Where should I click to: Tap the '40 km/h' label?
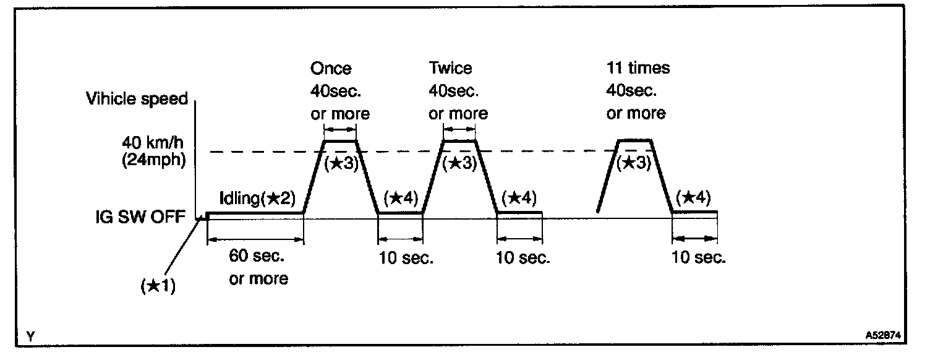click(x=156, y=143)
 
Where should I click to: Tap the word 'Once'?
click(x=331, y=67)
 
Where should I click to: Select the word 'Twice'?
click(x=450, y=67)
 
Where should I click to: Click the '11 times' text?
click(x=638, y=67)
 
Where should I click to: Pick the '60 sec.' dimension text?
click(x=258, y=256)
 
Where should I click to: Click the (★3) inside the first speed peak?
click(x=341, y=164)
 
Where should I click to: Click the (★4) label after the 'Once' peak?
click(x=401, y=198)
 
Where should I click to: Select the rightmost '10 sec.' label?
click(x=699, y=257)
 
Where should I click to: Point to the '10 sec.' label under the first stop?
click(x=406, y=257)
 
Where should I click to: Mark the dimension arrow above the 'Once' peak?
click(x=340, y=129)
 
